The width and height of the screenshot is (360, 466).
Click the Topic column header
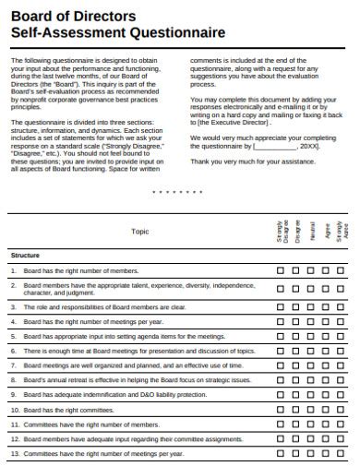click(139, 232)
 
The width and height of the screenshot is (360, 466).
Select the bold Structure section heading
click(25, 255)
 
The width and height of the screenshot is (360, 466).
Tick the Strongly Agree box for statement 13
click(342, 455)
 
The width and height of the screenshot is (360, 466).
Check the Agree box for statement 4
click(328, 322)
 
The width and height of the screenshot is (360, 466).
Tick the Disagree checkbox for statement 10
click(296, 410)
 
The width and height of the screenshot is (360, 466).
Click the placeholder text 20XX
click(310, 146)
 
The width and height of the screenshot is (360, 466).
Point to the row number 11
click(14, 425)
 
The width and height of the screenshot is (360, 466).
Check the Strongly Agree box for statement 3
click(342, 306)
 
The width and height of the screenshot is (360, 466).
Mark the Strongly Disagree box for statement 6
click(281, 352)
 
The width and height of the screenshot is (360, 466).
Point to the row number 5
click(13, 337)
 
